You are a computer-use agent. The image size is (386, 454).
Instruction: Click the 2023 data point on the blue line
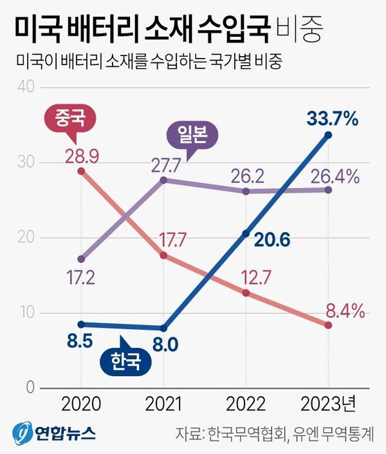coord(328,135)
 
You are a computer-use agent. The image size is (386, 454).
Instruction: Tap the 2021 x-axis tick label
coord(163,404)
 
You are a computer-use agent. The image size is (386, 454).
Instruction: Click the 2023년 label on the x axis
coord(328,404)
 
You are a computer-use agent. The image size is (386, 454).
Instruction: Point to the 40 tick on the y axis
coord(25,87)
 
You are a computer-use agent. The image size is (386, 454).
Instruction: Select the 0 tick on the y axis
coord(30,388)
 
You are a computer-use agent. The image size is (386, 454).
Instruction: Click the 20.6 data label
coord(271,240)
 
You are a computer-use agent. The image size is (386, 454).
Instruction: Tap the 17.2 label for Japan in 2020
coord(81,279)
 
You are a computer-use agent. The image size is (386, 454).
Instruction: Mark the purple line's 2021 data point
coord(163,180)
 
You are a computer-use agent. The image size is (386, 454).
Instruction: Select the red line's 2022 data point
coord(246,292)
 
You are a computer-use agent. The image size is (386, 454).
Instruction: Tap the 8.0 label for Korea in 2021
coord(164,345)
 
